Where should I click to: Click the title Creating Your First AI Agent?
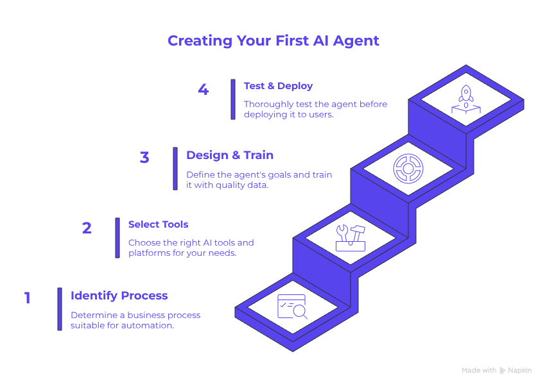(273, 40)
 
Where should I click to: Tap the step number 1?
(27, 298)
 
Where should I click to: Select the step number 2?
(87, 228)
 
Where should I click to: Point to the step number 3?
(144, 157)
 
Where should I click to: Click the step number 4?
(203, 89)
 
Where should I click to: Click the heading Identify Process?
(119, 296)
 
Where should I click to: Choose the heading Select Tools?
(158, 224)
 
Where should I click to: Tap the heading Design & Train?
(229, 155)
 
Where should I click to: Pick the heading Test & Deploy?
(278, 86)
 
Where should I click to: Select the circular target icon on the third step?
(408, 168)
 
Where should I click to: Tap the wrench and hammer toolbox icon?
(350, 237)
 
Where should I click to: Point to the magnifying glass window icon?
(292, 307)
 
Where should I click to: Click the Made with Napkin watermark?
(496, 370)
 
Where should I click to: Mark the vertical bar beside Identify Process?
(59, 308)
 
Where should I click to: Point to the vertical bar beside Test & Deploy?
(233, 99)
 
